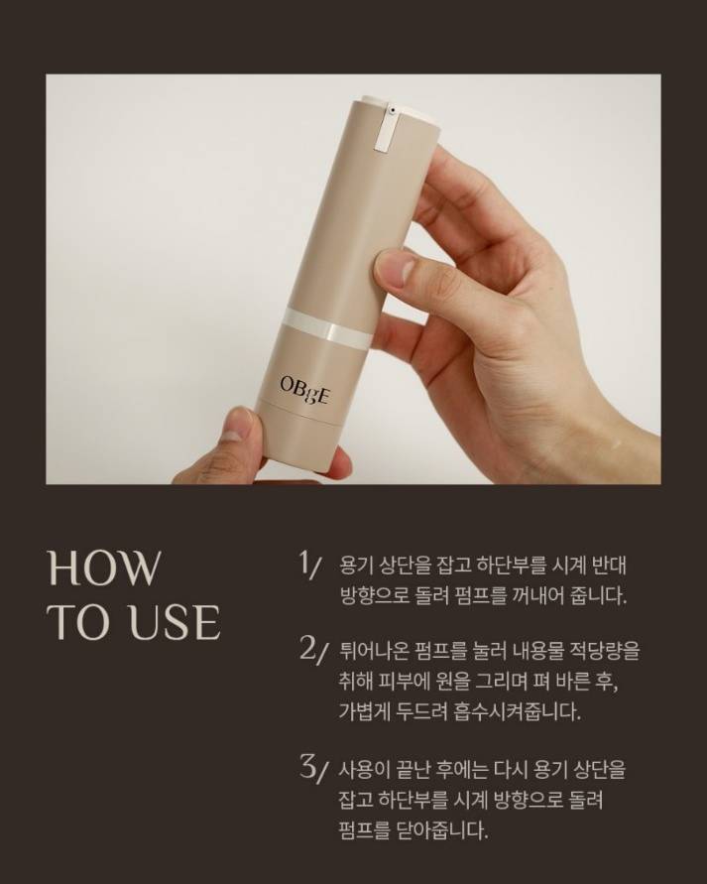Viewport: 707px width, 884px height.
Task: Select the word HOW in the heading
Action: click(x=105, y=568)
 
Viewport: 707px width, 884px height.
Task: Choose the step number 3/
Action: click(x=312, y=770)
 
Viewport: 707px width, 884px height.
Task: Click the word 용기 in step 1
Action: click(x=354, y=566)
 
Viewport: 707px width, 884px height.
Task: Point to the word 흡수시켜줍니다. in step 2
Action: click(x=516, y=712)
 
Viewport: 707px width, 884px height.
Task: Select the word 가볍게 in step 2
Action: click(x=361, y=712)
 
